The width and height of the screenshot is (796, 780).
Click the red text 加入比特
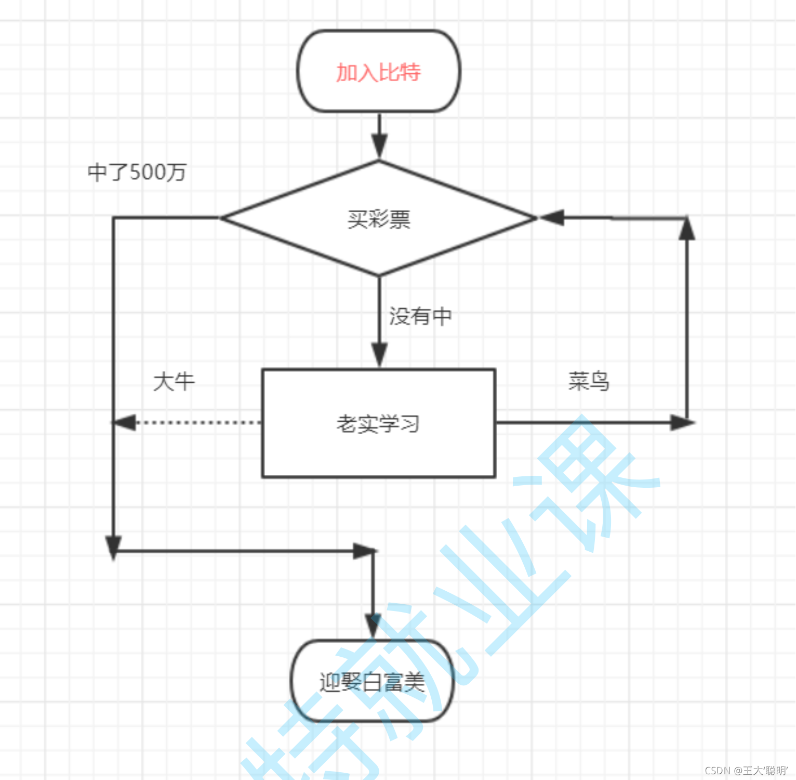[x=378, y=72]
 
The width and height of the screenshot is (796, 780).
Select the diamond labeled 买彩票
[x=378, y=218]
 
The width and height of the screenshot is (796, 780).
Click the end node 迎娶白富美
[x=372, y=682]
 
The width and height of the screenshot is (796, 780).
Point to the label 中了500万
[x=137, y=172]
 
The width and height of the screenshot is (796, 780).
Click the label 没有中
[x=420, y=316]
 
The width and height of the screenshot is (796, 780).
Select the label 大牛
[x=174, y=382]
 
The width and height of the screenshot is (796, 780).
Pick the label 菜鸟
[x=588, y=381]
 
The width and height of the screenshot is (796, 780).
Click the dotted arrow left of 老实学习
[x=197, y=422]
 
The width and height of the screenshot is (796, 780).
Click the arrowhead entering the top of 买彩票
[x=379, y=145]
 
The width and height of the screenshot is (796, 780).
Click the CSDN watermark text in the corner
[x=746, y=770]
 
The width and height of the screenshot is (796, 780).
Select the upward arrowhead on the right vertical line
[x=687, y=229]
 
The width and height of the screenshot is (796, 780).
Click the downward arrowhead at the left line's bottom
[x=113, y=547]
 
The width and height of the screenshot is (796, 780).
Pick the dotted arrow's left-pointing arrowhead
[x=125, y=422]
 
